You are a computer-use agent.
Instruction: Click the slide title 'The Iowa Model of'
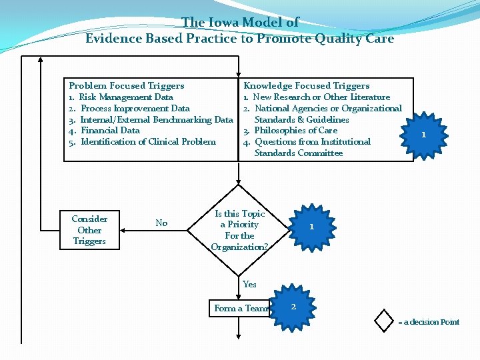point(240,23)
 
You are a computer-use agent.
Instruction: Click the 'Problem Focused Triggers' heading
point(127,86)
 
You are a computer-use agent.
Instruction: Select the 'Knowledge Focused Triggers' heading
point(306,86)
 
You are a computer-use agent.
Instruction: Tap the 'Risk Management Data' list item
point(126,97)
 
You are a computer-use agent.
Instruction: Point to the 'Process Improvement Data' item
point(135,109)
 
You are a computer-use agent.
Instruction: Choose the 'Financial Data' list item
point(110,131)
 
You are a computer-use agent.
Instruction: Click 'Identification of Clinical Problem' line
point(148,142)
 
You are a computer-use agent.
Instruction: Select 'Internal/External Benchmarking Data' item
point(156,120)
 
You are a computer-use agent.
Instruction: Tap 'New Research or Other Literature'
point(321,97)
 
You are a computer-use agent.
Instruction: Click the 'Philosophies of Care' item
point(295,131)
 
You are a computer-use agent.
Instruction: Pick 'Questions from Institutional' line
point(312,142)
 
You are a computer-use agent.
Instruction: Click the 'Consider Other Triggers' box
point(89,230)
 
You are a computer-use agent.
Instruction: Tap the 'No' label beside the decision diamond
point(161,223)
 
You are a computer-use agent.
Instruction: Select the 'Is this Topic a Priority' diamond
point(239,230)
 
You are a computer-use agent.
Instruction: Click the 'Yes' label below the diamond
point(249,285)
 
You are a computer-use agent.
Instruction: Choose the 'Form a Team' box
point(241,309)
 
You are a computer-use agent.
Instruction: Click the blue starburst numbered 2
point(293,307)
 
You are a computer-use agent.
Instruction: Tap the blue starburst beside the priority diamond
point(311,227)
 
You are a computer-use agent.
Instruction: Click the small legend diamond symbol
point(385,320)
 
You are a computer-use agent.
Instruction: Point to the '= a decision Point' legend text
point(429,322)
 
